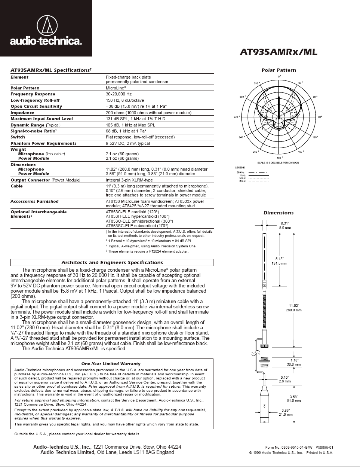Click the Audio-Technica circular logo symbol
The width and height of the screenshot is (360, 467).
point(47,25)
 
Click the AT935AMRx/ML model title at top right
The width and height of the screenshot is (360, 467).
point(279,52)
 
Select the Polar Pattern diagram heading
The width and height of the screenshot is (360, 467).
point(279,70)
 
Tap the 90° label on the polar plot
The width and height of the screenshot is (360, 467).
point(320,117)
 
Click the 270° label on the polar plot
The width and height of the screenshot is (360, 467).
point(236,117)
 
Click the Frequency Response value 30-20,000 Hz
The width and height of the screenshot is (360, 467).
point(119,94)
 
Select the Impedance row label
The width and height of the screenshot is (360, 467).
point(22,113)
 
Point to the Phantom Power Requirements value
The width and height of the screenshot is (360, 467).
point(128,143)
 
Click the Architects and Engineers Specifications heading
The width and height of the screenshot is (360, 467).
point(111,263)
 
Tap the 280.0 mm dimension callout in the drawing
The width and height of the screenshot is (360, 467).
point(293,310)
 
